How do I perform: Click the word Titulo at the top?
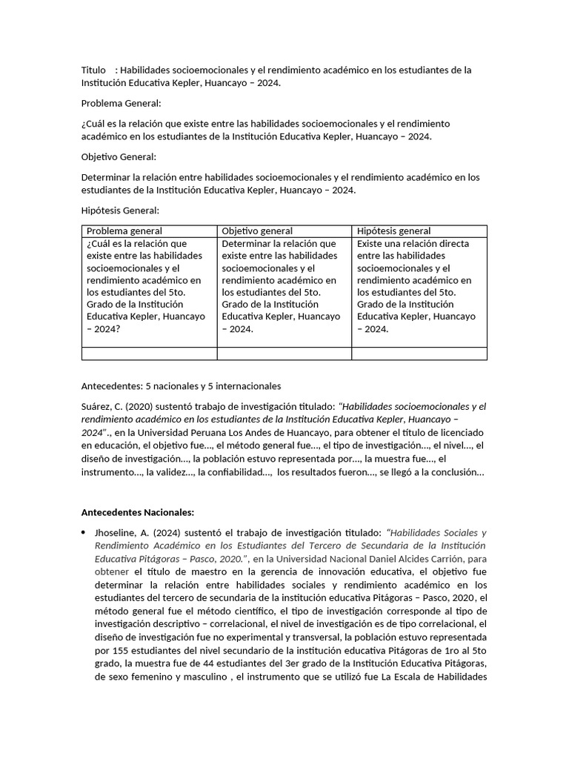pos(94,70)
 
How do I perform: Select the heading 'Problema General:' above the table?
pos(121,103)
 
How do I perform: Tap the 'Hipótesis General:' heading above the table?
pos(120,211)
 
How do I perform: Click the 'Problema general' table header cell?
pos(124,231)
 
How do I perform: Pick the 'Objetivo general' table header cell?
pos(257,231)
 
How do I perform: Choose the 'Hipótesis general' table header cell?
pos(393,231)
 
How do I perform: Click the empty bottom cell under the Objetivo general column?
pos(284,354)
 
